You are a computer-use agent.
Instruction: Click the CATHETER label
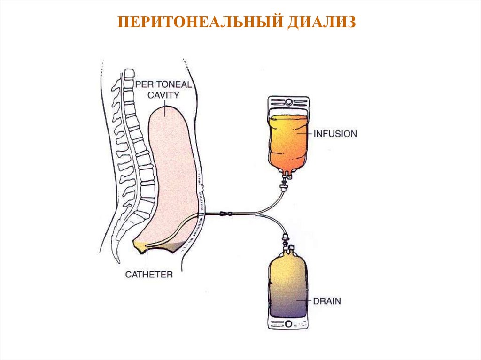(149, 274)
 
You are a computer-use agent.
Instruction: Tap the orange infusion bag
(288, 141)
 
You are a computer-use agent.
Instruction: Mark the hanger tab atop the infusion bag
(288, 102)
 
